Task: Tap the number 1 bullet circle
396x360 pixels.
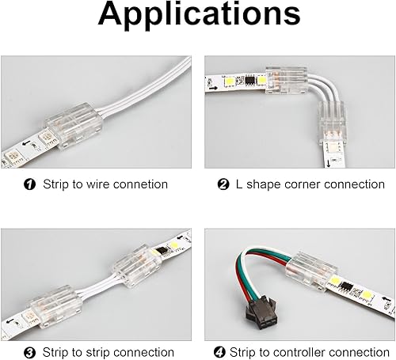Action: pos(30,184)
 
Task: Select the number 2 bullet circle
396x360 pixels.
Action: pos(223,184)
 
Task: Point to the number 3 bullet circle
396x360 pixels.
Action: pos(30,352)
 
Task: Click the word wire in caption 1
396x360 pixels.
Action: pos(99,184)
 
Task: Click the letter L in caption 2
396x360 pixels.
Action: pos(238,184)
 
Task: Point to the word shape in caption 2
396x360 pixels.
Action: pos(261,184)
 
